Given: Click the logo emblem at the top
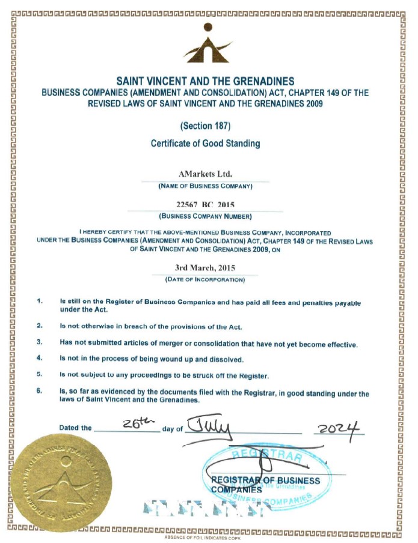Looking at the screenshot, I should pos(208,44).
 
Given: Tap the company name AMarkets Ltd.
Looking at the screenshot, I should pos(204,174).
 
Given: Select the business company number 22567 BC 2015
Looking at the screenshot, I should pos(204,204).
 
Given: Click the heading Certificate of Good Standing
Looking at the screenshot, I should pos(204,144).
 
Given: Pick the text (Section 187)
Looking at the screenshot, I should pos(204,126).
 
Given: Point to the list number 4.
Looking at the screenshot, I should pos(40,358).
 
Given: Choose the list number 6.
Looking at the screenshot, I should pos(40,391).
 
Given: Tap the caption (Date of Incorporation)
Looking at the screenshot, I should pos(204,279).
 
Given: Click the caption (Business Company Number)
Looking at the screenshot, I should pos(204,216).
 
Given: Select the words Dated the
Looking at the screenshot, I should pos(75,428).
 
